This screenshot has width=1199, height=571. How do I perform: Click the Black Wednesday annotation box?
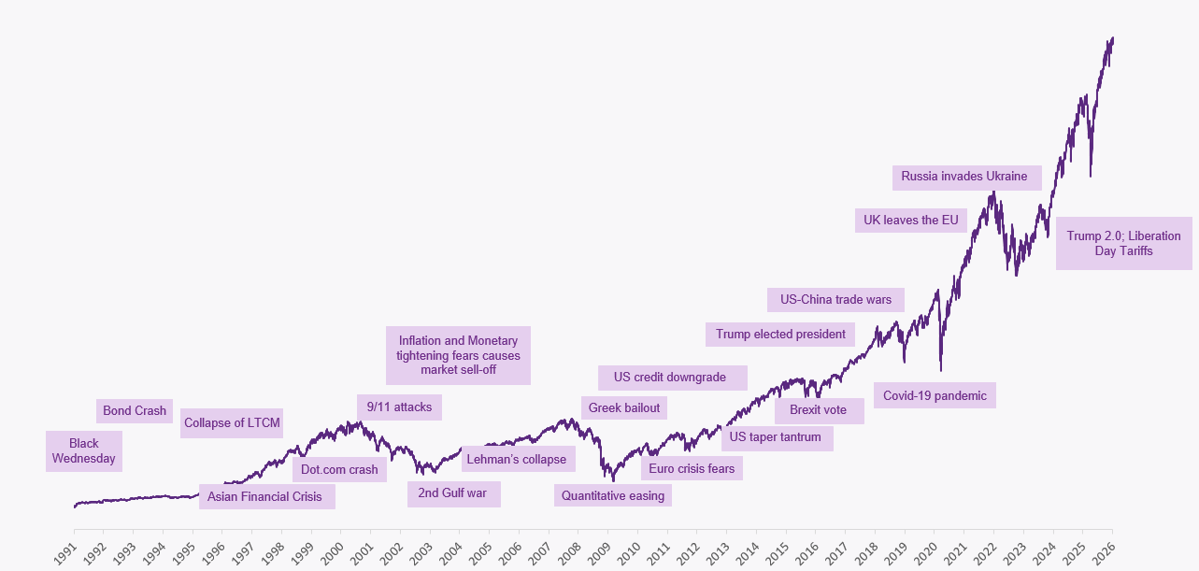(x=83, y=451)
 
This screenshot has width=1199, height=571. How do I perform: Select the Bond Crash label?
(x=135, y=411)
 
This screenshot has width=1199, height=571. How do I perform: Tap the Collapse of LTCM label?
(x=232, y=423)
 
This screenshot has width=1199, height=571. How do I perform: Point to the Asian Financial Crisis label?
(x=265, y=497)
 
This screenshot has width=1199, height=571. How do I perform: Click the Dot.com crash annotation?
(x=339, y=470)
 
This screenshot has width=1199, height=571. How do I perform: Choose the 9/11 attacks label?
(x=399, y=407)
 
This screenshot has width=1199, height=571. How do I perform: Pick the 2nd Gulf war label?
(x=453, y=492)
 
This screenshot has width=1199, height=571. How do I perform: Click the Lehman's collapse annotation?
(x=517, y=460)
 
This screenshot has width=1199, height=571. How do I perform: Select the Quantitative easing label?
(x=613, y=496)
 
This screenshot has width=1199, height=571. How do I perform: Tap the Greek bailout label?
(x=624, y=407)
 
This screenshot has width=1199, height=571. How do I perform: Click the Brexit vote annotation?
(x=818, y=410)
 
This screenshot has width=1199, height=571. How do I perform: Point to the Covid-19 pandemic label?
(x=935, y=396)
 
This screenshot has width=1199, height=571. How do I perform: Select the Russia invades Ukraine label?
(x=963, y=177)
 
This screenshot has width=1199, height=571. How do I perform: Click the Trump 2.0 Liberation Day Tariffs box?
(x=1123, y=244)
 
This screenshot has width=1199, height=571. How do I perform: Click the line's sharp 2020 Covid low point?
(x=941, y=370)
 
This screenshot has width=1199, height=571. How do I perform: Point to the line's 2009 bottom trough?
(x=613, y=480)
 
